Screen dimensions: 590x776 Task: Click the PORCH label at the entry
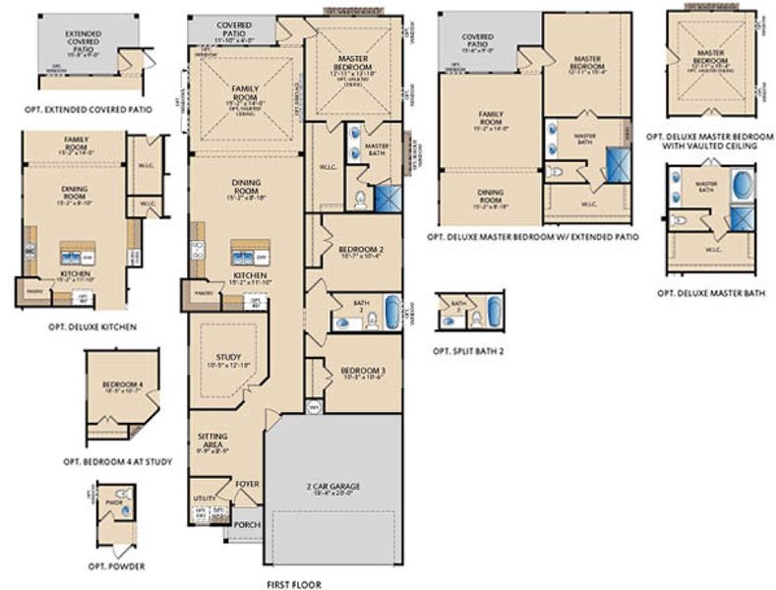click(247, 524)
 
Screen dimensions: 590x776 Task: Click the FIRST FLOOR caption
click(293, 584)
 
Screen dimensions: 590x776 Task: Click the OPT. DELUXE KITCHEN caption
click(91, 325)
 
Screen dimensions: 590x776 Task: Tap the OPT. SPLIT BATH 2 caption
click(468, 350)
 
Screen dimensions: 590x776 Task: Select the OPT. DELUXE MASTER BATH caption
click(710, 292)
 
